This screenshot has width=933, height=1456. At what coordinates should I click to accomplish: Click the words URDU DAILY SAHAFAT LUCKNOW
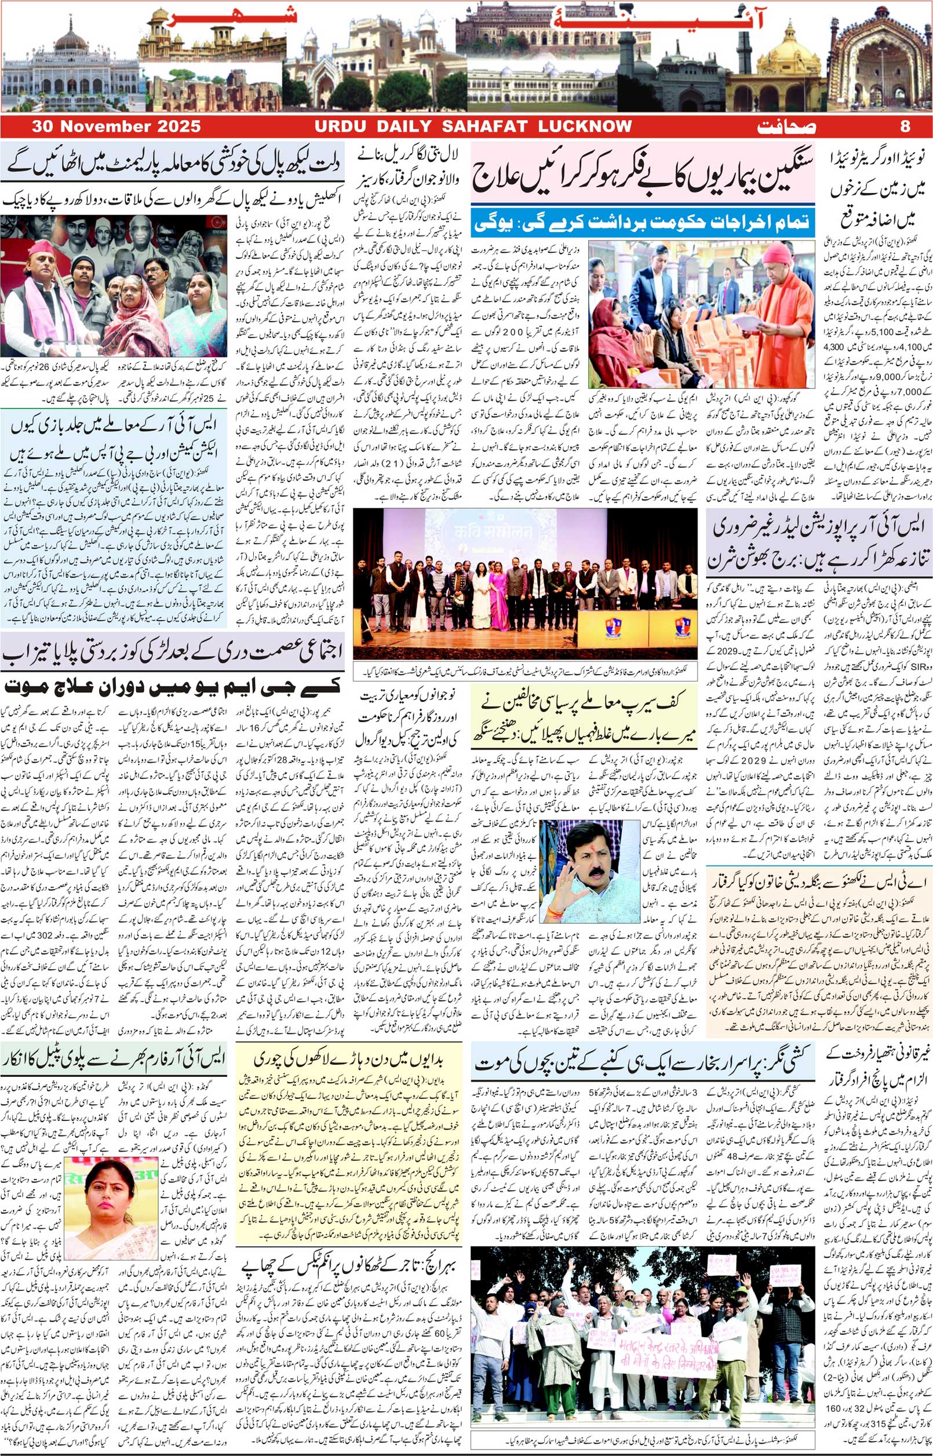(x=473, y=126)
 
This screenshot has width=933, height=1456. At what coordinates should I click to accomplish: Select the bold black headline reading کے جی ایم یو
(x=173, y=686)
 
